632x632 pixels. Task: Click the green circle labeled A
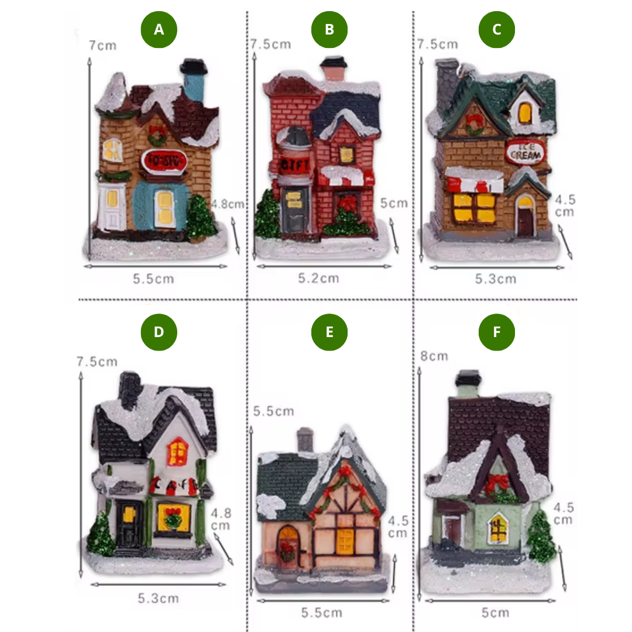(159, 29)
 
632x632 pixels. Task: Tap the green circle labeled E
(329, 332)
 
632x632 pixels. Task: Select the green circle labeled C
(497, 29)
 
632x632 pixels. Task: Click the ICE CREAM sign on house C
(525, 152)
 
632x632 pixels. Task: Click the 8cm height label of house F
(434, 356)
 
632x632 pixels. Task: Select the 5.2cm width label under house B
(318, 278)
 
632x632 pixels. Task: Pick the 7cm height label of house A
(102, 45)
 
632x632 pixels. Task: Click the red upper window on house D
(178, 451)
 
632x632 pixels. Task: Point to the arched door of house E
(287, 544)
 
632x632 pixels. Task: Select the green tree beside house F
(541, 536)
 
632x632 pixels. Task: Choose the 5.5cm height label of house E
(273, 411)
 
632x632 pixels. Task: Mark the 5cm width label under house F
(495, 613)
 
